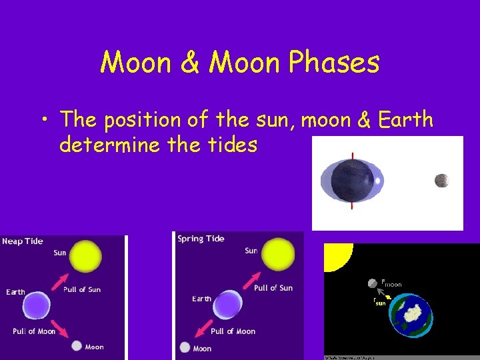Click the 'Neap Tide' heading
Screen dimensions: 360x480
23,241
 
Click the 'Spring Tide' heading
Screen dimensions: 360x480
201,239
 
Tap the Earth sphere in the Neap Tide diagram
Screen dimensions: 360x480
37,306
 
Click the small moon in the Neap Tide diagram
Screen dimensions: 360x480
77,346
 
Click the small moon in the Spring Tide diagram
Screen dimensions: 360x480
185,347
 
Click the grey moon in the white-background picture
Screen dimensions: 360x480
441,180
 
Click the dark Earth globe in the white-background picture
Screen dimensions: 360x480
353,181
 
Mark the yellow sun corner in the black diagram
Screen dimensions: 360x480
337,256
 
